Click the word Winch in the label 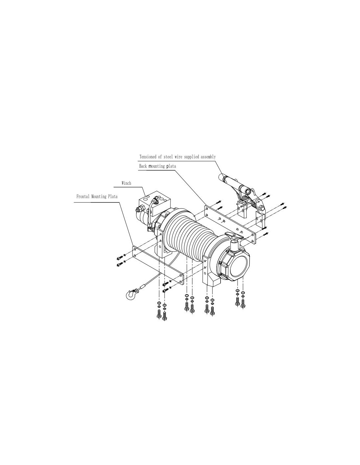tap(126, 183)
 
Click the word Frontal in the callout tap(83, 197)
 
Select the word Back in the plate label tap(143, 166)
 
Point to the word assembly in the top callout tap(208, 157)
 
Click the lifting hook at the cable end tap(130, 295)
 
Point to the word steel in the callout tap(168, 157)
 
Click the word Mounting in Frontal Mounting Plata tap(99, 197)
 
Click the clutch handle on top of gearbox tap(235, 236)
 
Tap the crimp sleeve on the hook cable tap(143, 287)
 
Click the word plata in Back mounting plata tap(171, 166)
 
